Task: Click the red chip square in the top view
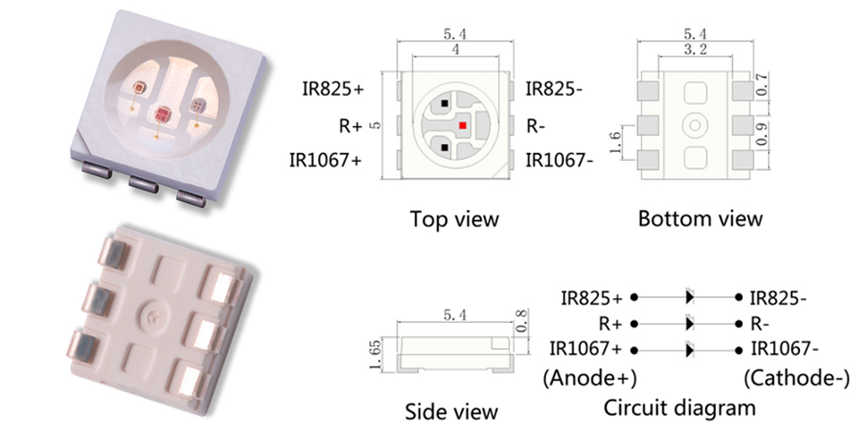tap(462, 125)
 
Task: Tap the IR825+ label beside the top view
tap(332, 89)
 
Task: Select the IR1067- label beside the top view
tap(559, 160)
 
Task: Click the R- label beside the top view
tap(535, 127)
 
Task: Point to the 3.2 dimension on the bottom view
tap(695, 50)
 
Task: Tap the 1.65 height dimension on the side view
tap(376, 356)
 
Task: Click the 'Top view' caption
tap(454, 219)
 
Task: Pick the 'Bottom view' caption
tap(700, 218)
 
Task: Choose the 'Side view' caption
tap(451, 412)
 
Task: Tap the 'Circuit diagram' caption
tap(679, 408)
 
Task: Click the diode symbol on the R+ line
tap(689, 324)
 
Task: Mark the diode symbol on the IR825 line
tap(689, 297)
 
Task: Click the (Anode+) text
tap(590, 379)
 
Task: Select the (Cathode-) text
tap(796, 379)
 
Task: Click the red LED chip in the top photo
tap(162, 114)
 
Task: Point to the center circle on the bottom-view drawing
tap(695, 125)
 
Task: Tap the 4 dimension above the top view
tap(455, 49)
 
